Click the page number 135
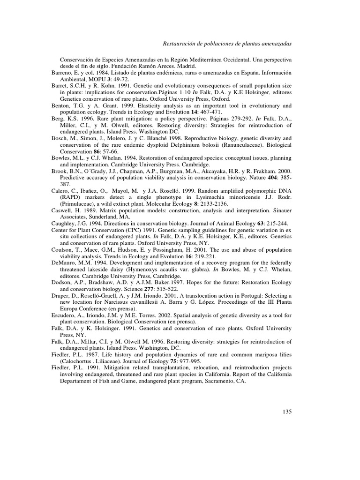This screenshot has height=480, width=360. pyautogui.click(x=287, y=412)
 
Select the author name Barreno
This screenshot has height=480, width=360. pyautogui.click(x=63, y=73)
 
